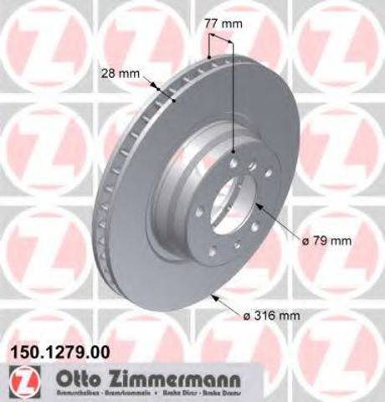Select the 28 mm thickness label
(123, 73)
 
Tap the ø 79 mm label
(325, 240)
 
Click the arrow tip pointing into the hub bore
(257, 204)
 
